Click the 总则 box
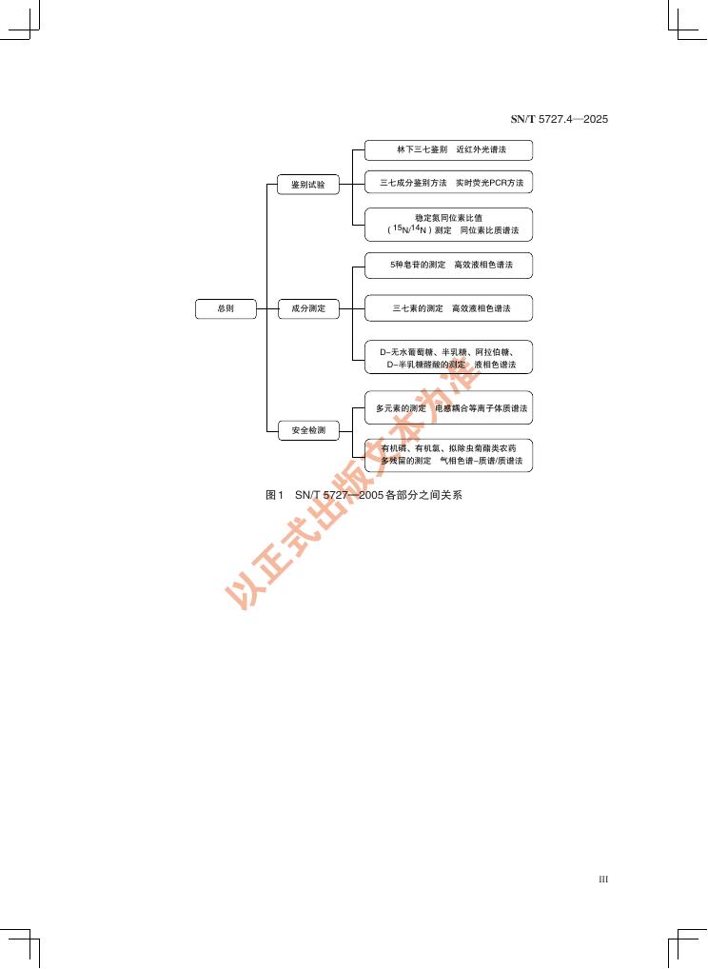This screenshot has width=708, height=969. [x=226, y=308]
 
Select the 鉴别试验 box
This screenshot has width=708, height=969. [x=307, y=185]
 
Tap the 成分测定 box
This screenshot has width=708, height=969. [x=307, y=308]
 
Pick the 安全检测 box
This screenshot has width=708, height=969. [x=307, y=431]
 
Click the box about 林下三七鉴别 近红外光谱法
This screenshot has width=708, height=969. [x=448, y=150]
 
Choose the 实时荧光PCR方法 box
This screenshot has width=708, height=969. [x=448, y=182]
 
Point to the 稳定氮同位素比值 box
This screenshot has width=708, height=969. [x=448, y=225]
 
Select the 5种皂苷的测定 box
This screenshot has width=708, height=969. [x=448, y=265]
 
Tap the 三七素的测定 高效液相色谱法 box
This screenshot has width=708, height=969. [x=448, y=308]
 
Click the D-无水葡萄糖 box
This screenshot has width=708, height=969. [x=448, y=357]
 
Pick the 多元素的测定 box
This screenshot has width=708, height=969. [x=448, y=408]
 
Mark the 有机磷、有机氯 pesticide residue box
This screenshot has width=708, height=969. [x=448, y=455]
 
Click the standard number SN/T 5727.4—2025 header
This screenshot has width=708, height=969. [x=560, y=119]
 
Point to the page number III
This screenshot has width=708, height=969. [x=602, y=880]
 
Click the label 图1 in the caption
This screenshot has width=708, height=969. [x=275, y=496]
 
